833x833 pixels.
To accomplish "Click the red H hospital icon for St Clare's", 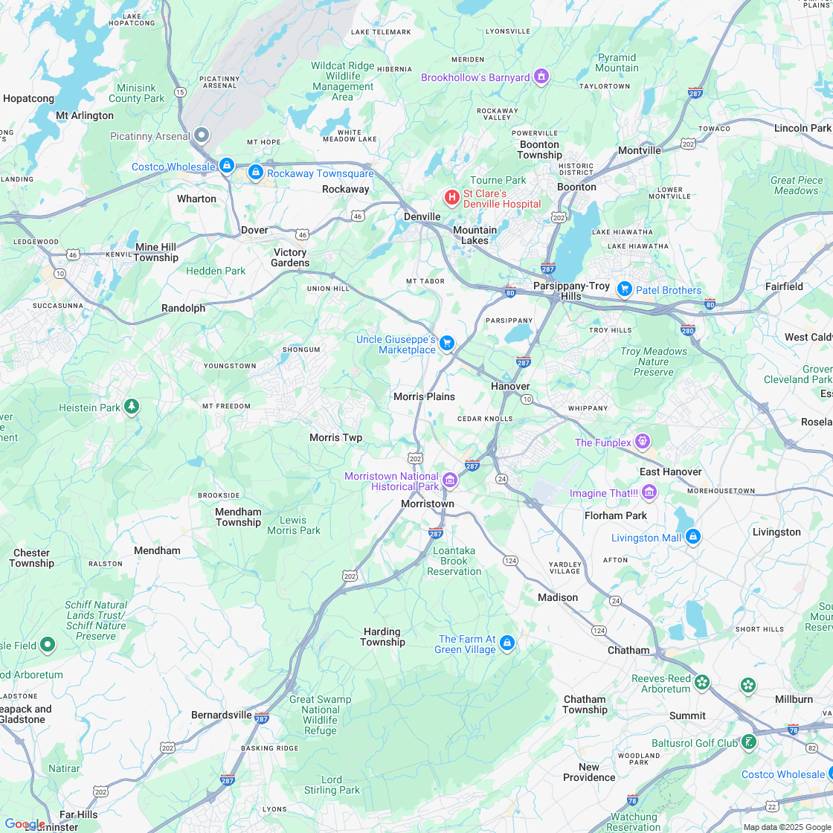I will point(451,197).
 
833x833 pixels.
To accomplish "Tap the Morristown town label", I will point(427,504).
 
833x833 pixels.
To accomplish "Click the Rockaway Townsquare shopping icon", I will point(256,173).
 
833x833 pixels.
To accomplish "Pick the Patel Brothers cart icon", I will point(624,289).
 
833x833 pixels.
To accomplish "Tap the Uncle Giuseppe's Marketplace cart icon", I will point(446,342).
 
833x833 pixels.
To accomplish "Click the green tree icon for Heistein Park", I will point(132,406).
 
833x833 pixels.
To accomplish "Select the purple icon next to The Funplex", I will point(643,442).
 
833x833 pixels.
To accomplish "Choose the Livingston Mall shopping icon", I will point(692,536).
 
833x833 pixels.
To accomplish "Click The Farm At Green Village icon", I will point(507,643).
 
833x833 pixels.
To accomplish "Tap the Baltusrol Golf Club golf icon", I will point(749,742).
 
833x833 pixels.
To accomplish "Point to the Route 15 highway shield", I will point(180,91).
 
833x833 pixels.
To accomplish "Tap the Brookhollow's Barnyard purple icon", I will point(541,77).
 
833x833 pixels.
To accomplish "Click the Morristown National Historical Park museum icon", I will point(450,480).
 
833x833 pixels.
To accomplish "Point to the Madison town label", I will point(558,597).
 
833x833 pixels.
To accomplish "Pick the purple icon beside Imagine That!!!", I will point(649,492).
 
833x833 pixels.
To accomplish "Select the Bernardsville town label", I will point(221,715).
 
